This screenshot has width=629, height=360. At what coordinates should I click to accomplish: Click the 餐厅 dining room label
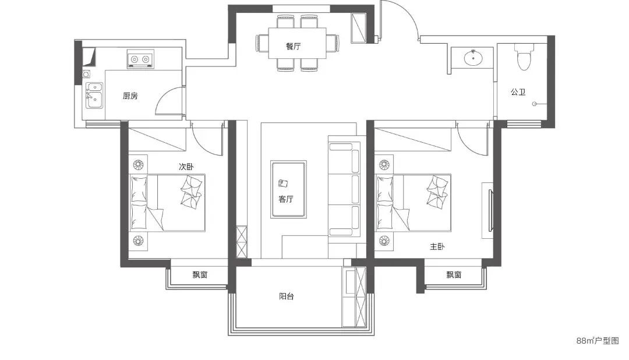click(x=293, y=46)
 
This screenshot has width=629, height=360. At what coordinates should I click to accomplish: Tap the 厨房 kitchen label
click(x=130, y=96)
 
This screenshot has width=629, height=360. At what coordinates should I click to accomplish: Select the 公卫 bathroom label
click(x=518, y=92)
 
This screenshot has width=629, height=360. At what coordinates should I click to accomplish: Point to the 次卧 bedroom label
click(x=186, y=167)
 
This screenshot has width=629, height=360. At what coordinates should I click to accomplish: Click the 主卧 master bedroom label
click(x=437, y=246)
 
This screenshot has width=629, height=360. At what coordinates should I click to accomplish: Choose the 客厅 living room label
click(x=285, y=199)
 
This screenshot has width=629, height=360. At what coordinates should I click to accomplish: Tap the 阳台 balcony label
click(x=287, y=297)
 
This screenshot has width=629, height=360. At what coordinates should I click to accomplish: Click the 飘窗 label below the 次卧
click(x=200, y=275)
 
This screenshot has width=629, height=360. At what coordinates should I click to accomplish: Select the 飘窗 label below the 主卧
click(x=454, y=275)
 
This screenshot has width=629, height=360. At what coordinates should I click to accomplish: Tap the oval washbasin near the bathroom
click(x=473, y=58)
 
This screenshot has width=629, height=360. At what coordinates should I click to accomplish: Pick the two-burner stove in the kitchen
click(x=140, y=59)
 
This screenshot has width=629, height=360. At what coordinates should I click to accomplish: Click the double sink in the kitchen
click(x=95, y=96)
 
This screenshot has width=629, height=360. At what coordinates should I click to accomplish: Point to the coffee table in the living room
click(x=288, y=189)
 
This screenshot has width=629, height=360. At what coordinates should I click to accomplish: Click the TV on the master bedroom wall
click(x=490, y=210)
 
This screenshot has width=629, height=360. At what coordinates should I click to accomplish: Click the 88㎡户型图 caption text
click(x=598, y=341)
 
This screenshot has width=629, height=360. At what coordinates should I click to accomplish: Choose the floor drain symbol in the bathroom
click(x=534, y=104)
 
